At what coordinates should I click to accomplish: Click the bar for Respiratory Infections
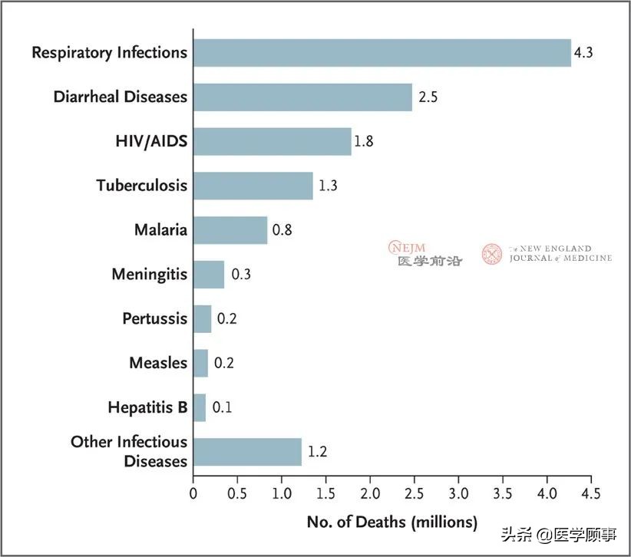[x=382, y=53]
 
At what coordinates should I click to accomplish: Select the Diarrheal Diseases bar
[x=302, y=97]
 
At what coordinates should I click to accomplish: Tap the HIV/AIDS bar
[x=272, y=142]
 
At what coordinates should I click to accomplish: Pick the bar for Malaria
[x=230, y=229]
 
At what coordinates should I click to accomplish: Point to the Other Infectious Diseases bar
[x=247, y=452]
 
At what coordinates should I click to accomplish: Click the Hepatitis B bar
[x=200, y=407]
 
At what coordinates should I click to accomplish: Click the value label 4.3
[x=584, y=54]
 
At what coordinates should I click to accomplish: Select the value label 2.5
[x=428, y=97]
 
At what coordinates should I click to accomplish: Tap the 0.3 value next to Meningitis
[x=241, y=274]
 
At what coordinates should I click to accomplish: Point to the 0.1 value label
[x=221, y=407]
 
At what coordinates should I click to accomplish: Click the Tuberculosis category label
[x=141, y=186]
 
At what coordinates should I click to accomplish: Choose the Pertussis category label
[x=154, y=318]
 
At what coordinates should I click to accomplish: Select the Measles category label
[x=157, y=363]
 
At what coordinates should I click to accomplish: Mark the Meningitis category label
[x=149, y=274]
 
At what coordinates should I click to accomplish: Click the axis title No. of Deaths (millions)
[x=391, y=522]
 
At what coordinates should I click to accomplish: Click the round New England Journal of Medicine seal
[x=492, y=254]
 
